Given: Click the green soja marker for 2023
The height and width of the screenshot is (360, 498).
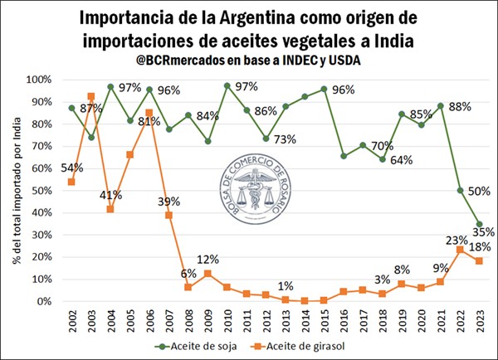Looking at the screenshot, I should pos(480,223).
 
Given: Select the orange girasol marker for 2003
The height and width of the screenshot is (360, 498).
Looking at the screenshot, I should pos(90,97).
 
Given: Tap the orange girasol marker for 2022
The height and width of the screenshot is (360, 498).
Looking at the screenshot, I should pos(461,250).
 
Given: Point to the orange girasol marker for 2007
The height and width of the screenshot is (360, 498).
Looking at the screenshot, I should pos(169,215).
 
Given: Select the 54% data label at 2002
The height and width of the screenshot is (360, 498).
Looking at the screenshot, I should pos(61,167).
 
